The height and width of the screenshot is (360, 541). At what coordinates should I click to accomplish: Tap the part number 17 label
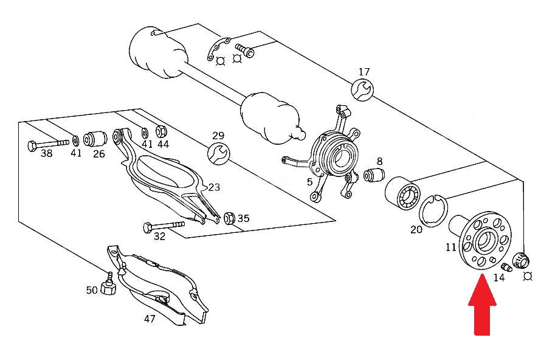[364, 72]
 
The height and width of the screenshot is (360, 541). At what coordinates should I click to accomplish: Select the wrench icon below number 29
[219, 154]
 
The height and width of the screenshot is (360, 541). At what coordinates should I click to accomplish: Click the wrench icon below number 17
[362, 90]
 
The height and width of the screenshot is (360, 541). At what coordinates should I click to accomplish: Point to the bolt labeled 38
[48, 144]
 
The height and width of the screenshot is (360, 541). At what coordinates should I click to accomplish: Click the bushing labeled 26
[95, 139]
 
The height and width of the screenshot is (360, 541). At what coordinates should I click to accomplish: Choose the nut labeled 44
[162, 131]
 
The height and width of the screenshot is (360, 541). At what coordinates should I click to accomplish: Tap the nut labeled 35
[229, 218]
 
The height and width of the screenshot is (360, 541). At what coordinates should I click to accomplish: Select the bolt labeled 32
[164, 226]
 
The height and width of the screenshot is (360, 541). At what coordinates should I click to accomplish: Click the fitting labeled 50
[108, 285]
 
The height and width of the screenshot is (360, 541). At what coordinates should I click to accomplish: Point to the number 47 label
[150, 319]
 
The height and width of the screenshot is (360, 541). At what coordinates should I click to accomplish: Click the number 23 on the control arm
[214, 187]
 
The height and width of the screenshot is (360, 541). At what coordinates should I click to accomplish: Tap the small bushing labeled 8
[374, 175]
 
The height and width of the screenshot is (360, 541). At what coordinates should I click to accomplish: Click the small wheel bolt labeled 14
[506, 267]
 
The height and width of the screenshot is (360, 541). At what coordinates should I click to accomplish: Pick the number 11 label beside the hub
[450, 247]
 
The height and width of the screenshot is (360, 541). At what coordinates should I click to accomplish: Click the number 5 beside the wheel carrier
[309, 182]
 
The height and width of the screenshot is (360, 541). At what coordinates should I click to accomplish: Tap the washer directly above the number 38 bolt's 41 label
[75, 140]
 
